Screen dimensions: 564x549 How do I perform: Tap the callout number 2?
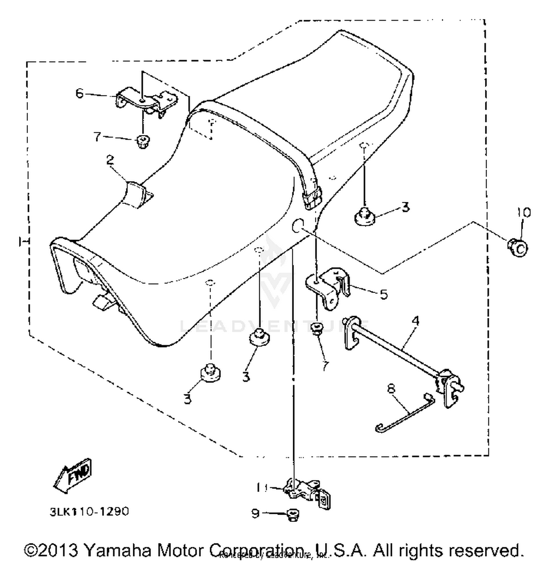coord(110,160)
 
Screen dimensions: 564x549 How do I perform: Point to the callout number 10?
coord(524,213)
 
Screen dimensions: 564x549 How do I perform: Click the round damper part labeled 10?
coord(518,248)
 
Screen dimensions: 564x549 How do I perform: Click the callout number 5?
coord(383,294)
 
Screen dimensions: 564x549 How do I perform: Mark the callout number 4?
coord(415,321)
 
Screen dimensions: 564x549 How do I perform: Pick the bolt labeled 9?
coord(292,515)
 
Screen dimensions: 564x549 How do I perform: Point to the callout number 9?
coord(255,513)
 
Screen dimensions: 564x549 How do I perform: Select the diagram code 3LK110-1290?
coord(90,511)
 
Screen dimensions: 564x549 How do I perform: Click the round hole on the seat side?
coord(298,226)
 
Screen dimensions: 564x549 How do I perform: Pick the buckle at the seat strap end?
coord(311,198)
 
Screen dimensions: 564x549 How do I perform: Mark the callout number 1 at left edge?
coord(23,241)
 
